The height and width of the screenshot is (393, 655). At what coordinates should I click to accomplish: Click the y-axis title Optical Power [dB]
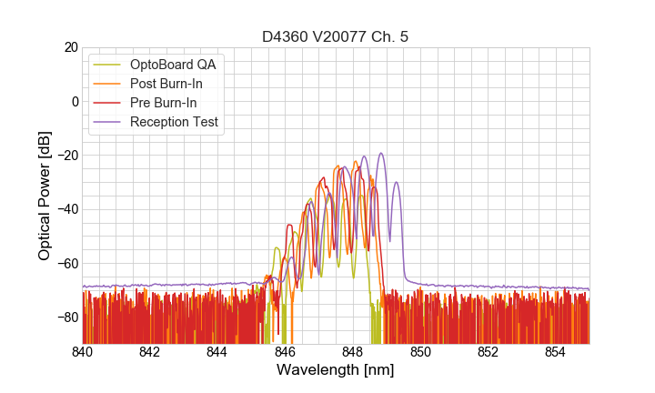45,196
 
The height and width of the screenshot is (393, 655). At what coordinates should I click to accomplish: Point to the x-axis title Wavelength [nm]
336,369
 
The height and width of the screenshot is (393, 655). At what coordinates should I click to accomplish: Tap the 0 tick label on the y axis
75,101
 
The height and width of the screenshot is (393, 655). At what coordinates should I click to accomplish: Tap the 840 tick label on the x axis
83,352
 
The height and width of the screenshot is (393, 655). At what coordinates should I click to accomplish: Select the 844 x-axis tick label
217,352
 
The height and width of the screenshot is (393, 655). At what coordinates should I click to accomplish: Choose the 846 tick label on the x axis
285,352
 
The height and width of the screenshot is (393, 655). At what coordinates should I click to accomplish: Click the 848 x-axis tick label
353,352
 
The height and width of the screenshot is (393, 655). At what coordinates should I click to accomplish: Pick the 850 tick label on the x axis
420,352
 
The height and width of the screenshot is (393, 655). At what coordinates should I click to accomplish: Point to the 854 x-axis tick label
555,352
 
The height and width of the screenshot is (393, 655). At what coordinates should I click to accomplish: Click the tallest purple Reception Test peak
381,154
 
